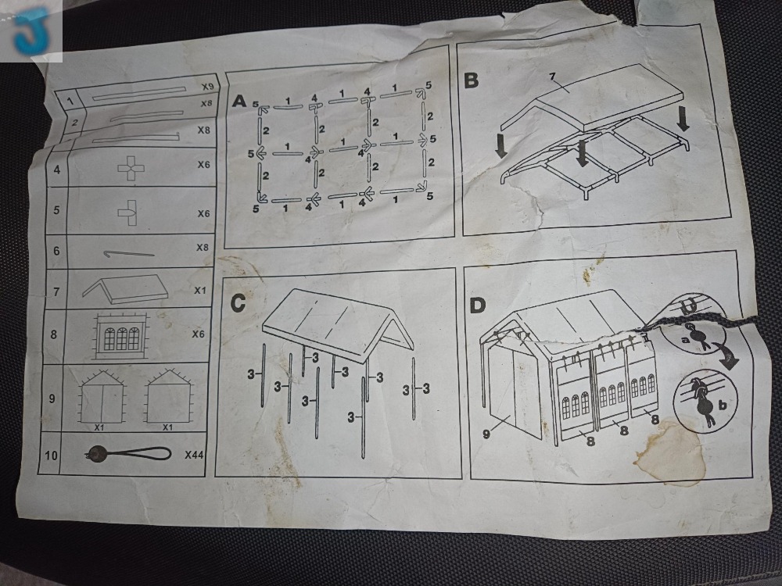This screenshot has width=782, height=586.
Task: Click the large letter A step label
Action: [x=239, y=101]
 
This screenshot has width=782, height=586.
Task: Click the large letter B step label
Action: [x=472, y=80]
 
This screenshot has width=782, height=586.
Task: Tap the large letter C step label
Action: [x=238, y=303]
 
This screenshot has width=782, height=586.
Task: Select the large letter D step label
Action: [x=478, y=305]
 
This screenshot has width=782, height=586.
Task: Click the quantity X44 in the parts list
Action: [x=195, y=455]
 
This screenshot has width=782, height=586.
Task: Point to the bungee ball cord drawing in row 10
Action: [x=128, y=454]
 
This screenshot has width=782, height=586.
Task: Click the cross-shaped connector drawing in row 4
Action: [x=131, y=169]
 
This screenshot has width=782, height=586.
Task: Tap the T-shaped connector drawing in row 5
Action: [x=128, y=213]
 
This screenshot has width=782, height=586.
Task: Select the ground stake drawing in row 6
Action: [x=129, y=254]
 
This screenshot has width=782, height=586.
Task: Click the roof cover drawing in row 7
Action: [x=126, y=289]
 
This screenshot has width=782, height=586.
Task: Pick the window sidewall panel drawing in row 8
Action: [x=120, y=336]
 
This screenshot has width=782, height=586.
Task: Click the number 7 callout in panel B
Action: [x=552, y=77]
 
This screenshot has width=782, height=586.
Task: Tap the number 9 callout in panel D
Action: [x=486, y=433]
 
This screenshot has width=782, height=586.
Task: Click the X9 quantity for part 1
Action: [x=207, y=86]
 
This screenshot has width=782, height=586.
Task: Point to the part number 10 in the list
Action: [x=51, y=455]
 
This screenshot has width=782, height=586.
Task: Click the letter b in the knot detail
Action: [x=722, y=405]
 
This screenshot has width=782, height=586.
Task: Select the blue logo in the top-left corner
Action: [x=32, y=30]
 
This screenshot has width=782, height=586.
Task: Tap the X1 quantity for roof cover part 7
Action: [x=200, y=290]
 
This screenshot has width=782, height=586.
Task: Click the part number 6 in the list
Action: [x=56, y=251]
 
